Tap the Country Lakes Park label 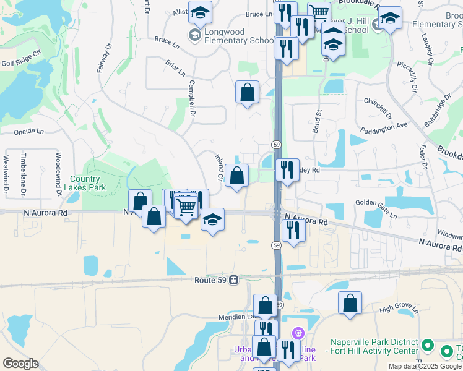point(88,183)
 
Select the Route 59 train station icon point(234,279)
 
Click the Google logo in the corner point(20,364)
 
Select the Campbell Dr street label point(192,100)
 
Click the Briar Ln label point(175,68)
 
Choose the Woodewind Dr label point(59,174)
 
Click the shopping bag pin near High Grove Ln point(350,303)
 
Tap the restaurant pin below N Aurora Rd point(293,230)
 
